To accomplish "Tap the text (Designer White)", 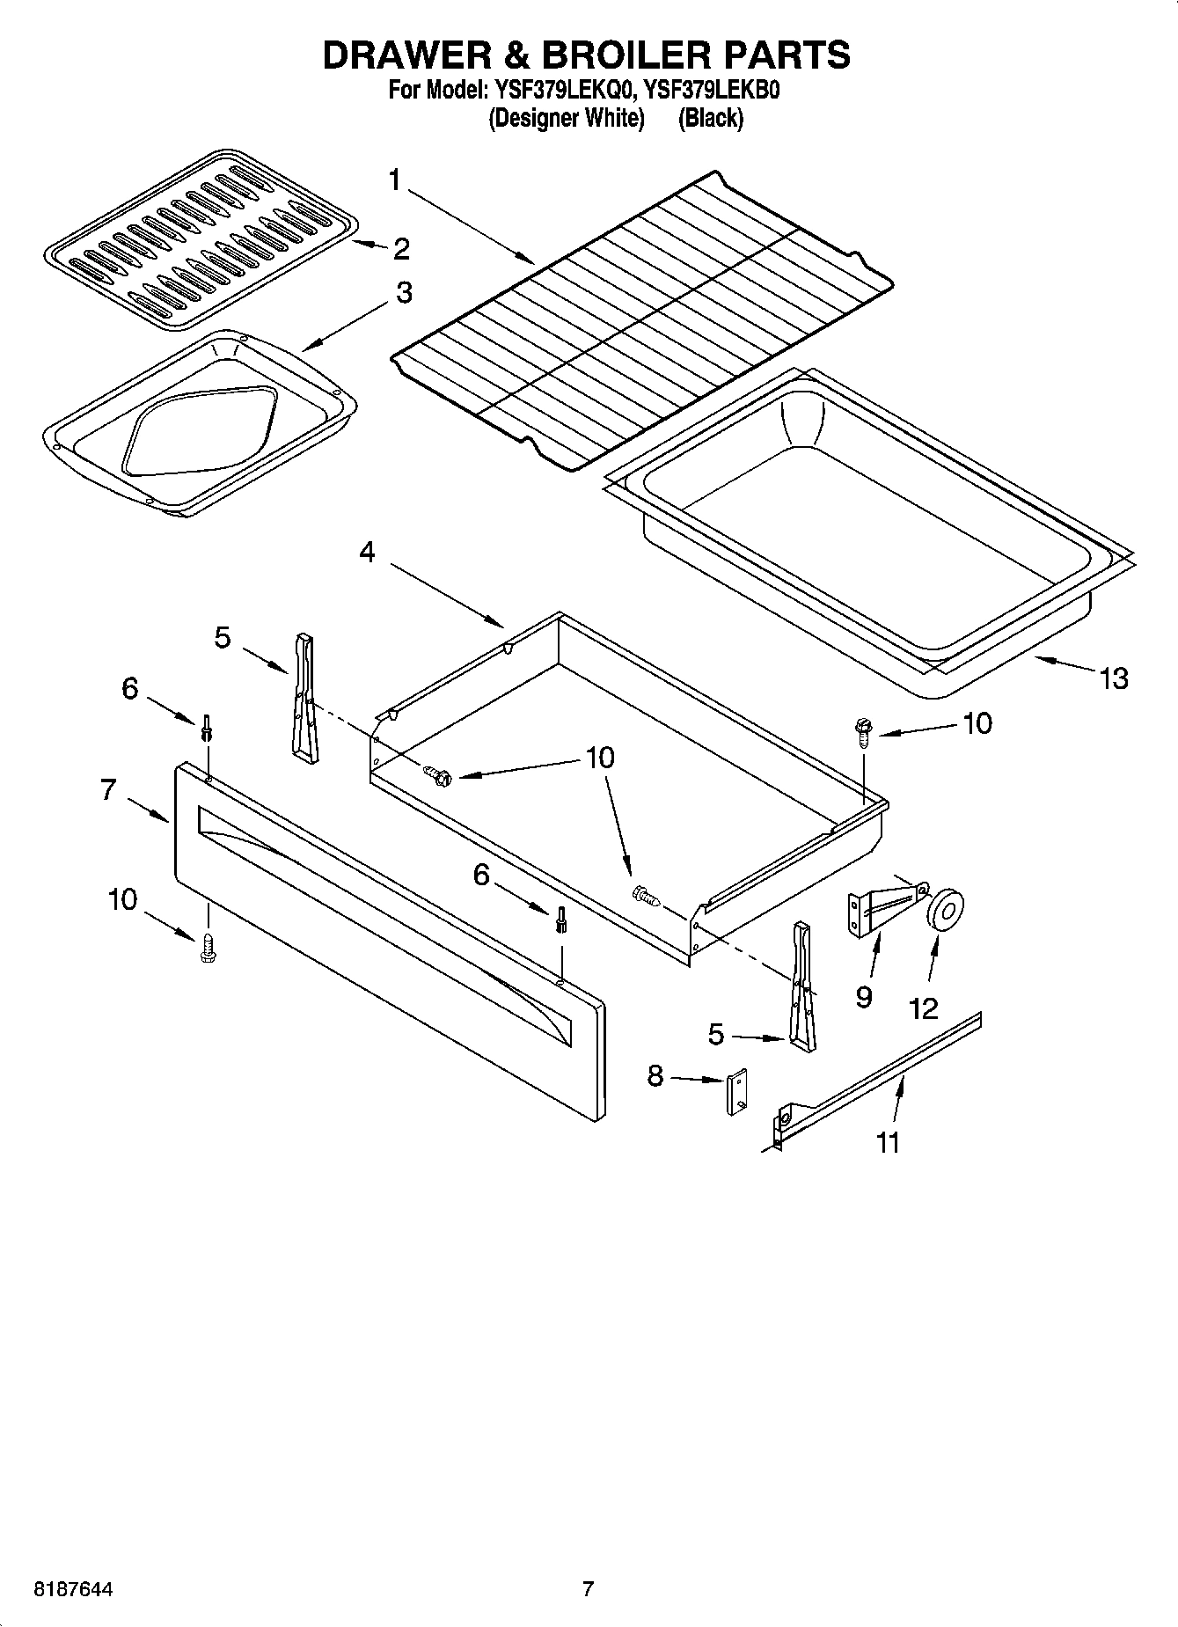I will click(x=567, y=118).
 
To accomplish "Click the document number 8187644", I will click(x=73, y=1590).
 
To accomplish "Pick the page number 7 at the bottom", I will click(x=588, y=1589).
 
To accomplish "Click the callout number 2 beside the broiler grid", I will click(x=401, y=249).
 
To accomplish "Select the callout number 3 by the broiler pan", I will click(x=403, y=292).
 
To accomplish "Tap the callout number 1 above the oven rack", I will click(x=394, y=180).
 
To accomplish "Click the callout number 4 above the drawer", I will click(x=367, y=552).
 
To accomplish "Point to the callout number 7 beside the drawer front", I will click(x=108, y=789).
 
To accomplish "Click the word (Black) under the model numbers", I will click(x=710, y=118).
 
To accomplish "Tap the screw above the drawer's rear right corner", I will click(x=861, y=731).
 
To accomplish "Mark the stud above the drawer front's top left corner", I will click(x=207, y=728).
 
